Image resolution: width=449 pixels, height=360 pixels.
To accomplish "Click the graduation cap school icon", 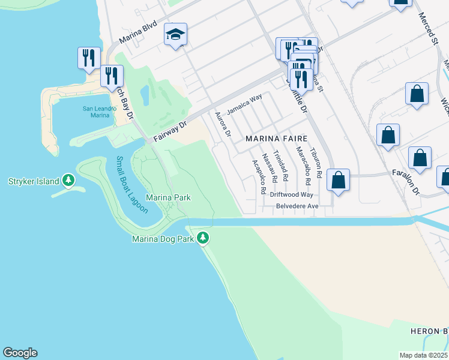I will coord(176,35).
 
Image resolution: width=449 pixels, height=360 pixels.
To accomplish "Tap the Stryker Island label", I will coord(34,181).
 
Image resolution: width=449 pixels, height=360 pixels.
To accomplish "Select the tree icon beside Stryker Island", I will coord(68,180).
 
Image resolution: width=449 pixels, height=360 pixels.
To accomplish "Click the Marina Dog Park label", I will coord(164,239).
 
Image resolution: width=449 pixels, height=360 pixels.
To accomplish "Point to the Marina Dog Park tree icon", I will coord(203,238).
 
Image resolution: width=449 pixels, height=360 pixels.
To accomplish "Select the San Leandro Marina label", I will coord(100,112).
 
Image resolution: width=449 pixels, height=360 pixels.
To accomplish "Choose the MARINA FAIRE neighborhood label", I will coord(277,139).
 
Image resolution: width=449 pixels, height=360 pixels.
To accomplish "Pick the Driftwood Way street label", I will coord(292,194).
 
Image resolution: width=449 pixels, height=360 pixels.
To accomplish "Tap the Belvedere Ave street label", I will coord(297,206).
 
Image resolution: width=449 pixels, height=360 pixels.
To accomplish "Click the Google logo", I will coord(20,353).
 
